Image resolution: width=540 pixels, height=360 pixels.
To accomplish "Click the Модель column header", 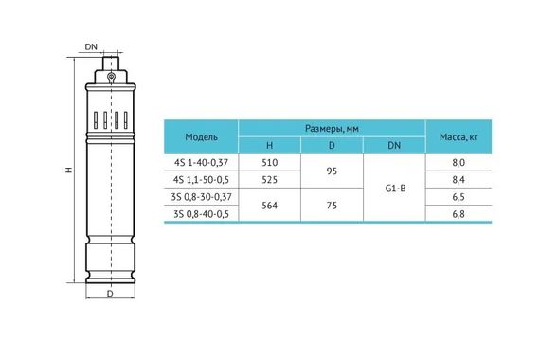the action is point(201,136).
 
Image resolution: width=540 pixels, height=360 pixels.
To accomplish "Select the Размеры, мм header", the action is point(332,129).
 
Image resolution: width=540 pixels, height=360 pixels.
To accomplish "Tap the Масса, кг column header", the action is point(459,136).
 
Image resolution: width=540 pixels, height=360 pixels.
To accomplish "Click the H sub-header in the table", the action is point(269,145).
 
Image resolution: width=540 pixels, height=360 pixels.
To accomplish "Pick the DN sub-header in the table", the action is point(394,145).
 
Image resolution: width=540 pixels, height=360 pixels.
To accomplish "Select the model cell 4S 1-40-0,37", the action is point(201,162).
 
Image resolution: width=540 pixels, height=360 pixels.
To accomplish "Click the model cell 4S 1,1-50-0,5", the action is point(201,179).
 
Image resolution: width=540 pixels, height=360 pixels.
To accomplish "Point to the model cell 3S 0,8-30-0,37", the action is point(201,197).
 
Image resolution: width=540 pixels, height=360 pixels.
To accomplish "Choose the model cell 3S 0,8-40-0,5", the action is point(201,214).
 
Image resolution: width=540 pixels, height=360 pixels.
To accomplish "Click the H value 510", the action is point(269,162).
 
